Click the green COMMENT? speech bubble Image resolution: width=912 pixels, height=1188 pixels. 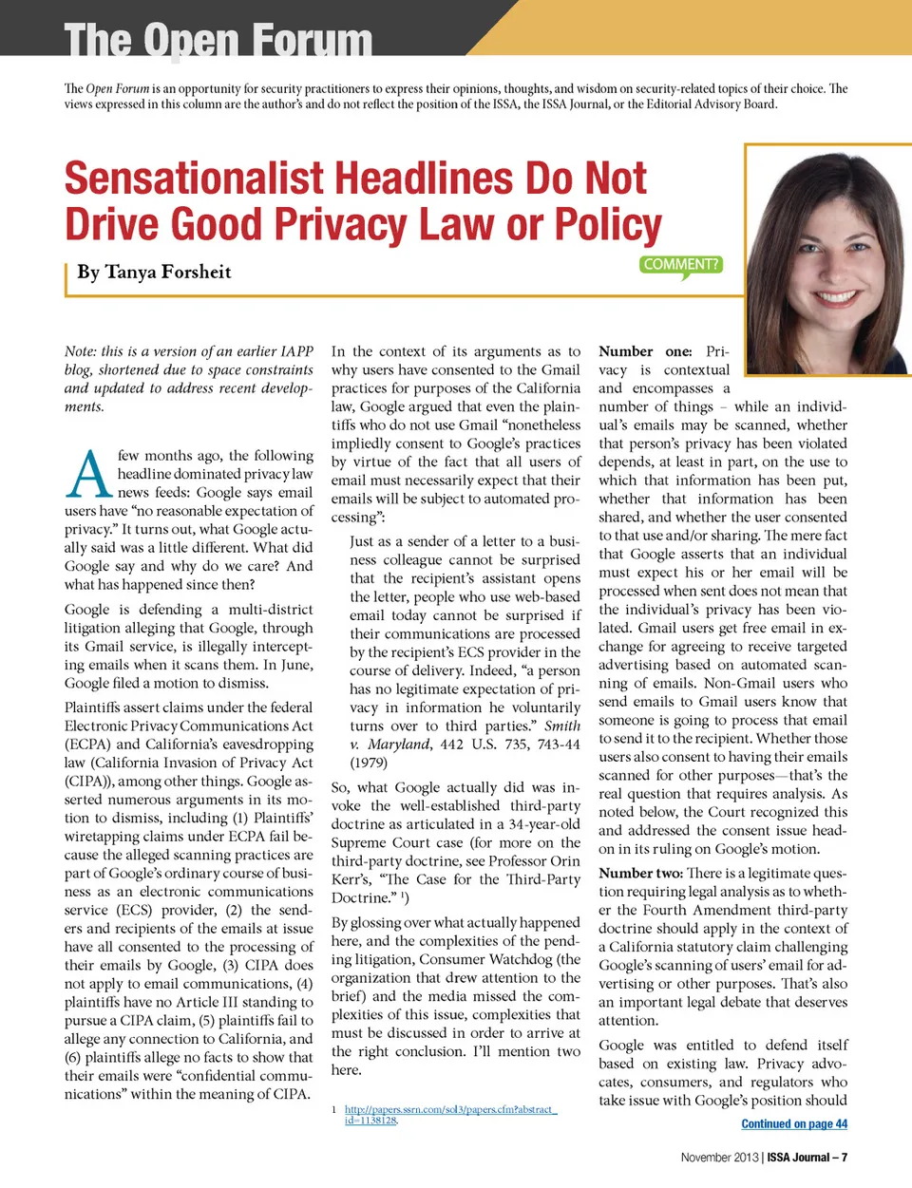pyautogui.click(x=681, y=265)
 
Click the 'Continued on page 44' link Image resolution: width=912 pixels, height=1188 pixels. pyautogui.click(x=794, y=1124)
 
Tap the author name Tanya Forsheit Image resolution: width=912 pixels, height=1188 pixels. pyautogui.click(x=154, y=273)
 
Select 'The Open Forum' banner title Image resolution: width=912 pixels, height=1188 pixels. pyautogui.click(x=218, y=40)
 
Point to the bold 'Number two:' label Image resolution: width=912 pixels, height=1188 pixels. pyautogui.click(x=640, y=874)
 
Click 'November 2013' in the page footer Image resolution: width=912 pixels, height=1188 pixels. pyautogui.click(x=719, y=1157)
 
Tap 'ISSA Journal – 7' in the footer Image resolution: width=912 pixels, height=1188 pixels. pyautogui.click(x=807, y=1157)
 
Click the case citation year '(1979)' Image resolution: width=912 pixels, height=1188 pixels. pyautogui.click(x=368, y=763)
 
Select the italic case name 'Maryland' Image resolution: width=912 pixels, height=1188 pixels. pyautogui.click(x=398, y=745)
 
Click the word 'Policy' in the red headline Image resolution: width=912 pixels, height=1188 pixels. pyautogui.click(x=608, y=225)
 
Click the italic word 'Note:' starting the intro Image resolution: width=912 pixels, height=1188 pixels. pyautogui.click(x=81, y=351)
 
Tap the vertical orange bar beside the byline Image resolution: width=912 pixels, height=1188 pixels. pyautogui.click(x=67, y=279)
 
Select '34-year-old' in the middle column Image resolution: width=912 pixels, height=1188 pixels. pyautogui.click(x=543, y=824)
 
